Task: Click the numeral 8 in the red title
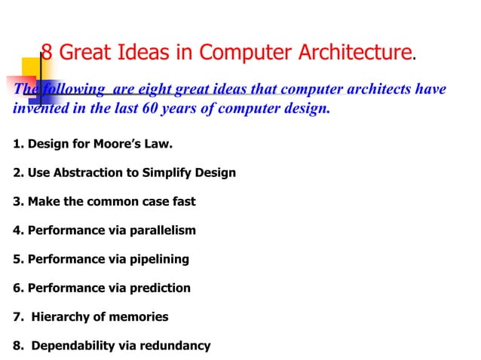click(x=46, y=53)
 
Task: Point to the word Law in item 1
click(x=148, y=143)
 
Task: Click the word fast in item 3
click(x=182, y=201)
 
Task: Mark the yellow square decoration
click(x=32, y=68)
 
